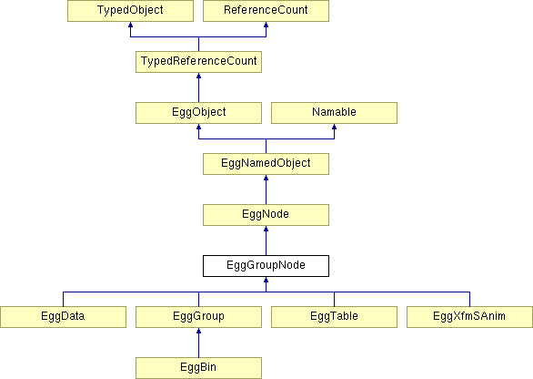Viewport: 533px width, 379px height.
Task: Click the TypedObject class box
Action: tap(131, 11)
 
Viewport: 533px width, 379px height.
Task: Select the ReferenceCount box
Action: tap(266, 11)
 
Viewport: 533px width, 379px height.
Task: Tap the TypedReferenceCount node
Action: tap(198, 62)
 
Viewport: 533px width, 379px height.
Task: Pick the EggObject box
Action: tap(198, 113)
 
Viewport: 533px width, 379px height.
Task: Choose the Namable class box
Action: tap(334, 113)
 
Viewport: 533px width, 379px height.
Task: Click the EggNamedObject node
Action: tap(266, 164)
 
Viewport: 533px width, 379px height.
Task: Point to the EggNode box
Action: tap(266, 215)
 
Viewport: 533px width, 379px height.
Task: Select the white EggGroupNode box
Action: tap(266, 266)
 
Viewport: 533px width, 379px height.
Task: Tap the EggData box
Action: tap(64, 317)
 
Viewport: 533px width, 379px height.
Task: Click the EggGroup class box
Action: tap(198, 317)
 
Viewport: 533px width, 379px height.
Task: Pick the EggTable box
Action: tap(334, 317)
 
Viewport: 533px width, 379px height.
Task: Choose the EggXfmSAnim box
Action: tap(469, 317)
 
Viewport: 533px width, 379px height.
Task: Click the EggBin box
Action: tap(198, 368)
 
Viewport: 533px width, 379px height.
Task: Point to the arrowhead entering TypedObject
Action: tap(131, 25)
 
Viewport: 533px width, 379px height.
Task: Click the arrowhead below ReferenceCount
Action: tap(266, 25)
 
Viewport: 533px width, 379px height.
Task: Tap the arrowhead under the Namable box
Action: tap(334, 127)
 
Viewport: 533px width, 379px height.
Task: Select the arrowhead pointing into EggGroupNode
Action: tap(266, 281)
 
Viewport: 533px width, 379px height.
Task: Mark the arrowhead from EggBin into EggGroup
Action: tap(198, 332)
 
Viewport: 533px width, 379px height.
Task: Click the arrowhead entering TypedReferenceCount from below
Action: tap(198, 76)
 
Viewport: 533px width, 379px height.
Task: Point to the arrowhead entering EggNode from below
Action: tap(266, 230)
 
